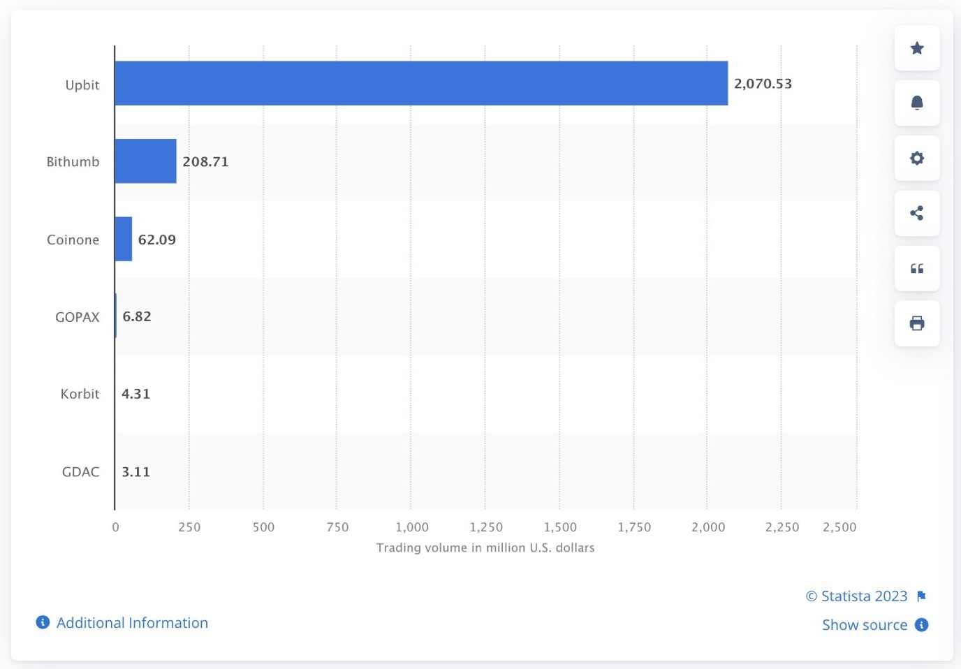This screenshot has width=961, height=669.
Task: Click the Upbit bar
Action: (x=421, y=83)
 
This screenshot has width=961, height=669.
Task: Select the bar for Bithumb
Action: (x=145, y=161)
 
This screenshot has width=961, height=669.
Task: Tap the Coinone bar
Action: (x=124, y=239)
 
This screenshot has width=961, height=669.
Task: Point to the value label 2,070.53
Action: (x=763, y=84)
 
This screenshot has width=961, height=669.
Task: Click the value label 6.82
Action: (x=137, y=316)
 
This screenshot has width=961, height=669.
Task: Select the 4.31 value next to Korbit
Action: (x=135, y=394)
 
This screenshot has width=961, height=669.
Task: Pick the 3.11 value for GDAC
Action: (x=135, y=472)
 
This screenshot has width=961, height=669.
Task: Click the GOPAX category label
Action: (x=78, y=317)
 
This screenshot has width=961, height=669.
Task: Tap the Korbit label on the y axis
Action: (x=80, y=394)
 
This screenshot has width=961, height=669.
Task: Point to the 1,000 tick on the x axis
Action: (x=412, y=527)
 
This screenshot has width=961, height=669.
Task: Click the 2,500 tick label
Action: (x=839, y=527)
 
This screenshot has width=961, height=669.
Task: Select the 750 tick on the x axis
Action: (x=337, y=527)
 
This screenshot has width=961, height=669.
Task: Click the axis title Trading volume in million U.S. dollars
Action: (x=485, y=547)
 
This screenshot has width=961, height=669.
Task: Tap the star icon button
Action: (x=917, y=48)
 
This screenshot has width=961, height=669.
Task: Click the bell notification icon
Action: (x=917, y=103)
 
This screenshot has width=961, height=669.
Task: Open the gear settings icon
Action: (x=917, y=159)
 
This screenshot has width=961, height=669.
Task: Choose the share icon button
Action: (x=917, y=213)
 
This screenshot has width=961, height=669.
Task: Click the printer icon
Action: (x=917, y=323)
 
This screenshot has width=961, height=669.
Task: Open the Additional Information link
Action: (x=132, y=623)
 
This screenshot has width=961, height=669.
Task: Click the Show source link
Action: (x=865, y=625)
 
